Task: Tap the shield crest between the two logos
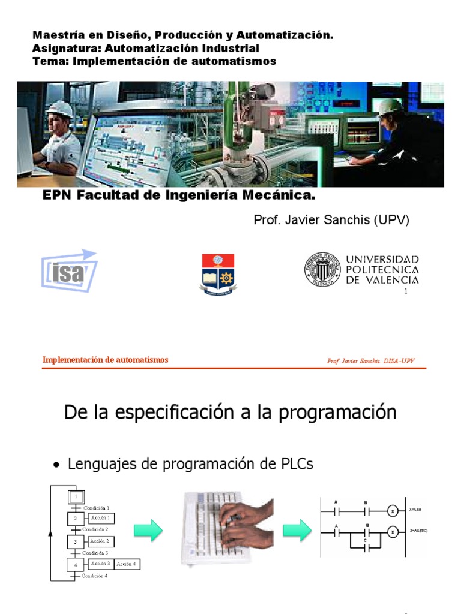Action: point(218,274)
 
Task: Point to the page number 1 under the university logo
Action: point(406,291)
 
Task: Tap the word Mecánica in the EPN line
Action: point(279,196)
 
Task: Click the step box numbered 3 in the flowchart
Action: point(76,541)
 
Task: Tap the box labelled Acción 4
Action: point(127,564)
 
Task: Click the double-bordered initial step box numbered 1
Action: point(76,496)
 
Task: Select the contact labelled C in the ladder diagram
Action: point(366,547)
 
